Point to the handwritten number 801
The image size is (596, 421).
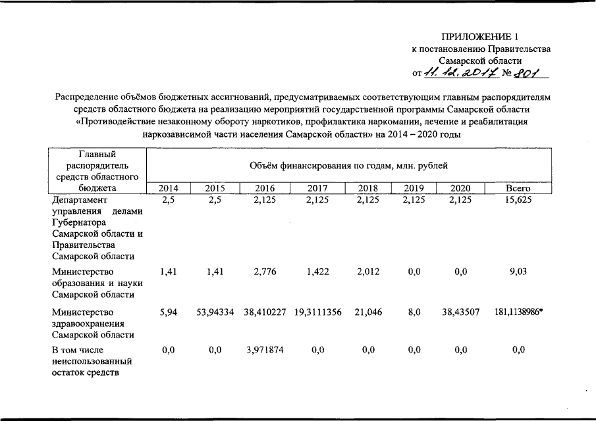[x=531, y=73]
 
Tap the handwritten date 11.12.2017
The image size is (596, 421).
[x=458, y=73]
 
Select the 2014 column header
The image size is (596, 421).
[x=168, y=188]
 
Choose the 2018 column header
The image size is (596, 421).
[x=367, y=188]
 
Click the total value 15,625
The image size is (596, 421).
[x=518, y=200]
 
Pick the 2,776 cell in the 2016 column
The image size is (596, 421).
[x=262, y=272]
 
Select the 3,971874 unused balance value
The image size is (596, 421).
[x=262, y=351]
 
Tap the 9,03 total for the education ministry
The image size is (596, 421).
[x=518, y=272]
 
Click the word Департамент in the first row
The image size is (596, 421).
[x=79, y=200]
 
